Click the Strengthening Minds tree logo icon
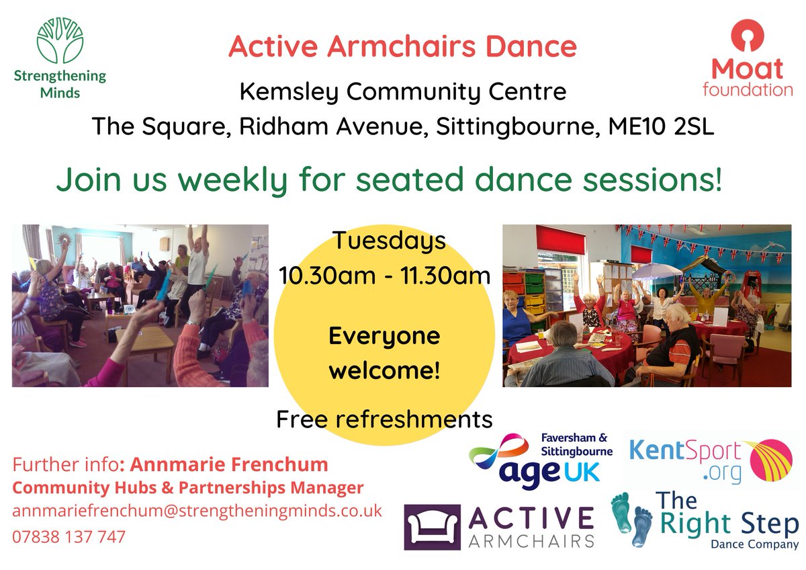coord(60,40)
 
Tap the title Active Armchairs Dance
coord(402,46)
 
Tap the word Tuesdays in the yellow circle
coord(389,240)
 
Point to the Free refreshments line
coord(384,419)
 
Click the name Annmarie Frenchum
coord(228,464)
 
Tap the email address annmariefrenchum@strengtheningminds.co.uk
coord(197,510)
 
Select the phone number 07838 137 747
coord(69,537)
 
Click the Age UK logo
coord(541,458)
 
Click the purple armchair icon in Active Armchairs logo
coord(432,527)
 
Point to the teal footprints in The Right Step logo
coord(632,520)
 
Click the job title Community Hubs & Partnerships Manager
coord(188,487)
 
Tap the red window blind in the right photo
coord(560,239)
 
